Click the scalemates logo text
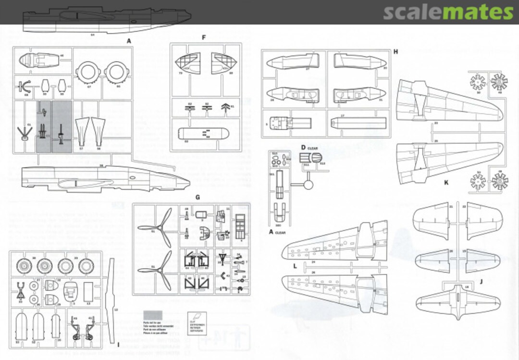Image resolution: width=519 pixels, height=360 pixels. coord(448,12)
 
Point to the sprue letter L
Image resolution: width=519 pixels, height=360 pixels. coord(295,265)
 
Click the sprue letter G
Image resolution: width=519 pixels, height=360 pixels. coord(198,197)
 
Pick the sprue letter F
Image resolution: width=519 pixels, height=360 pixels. coord(204,37)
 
